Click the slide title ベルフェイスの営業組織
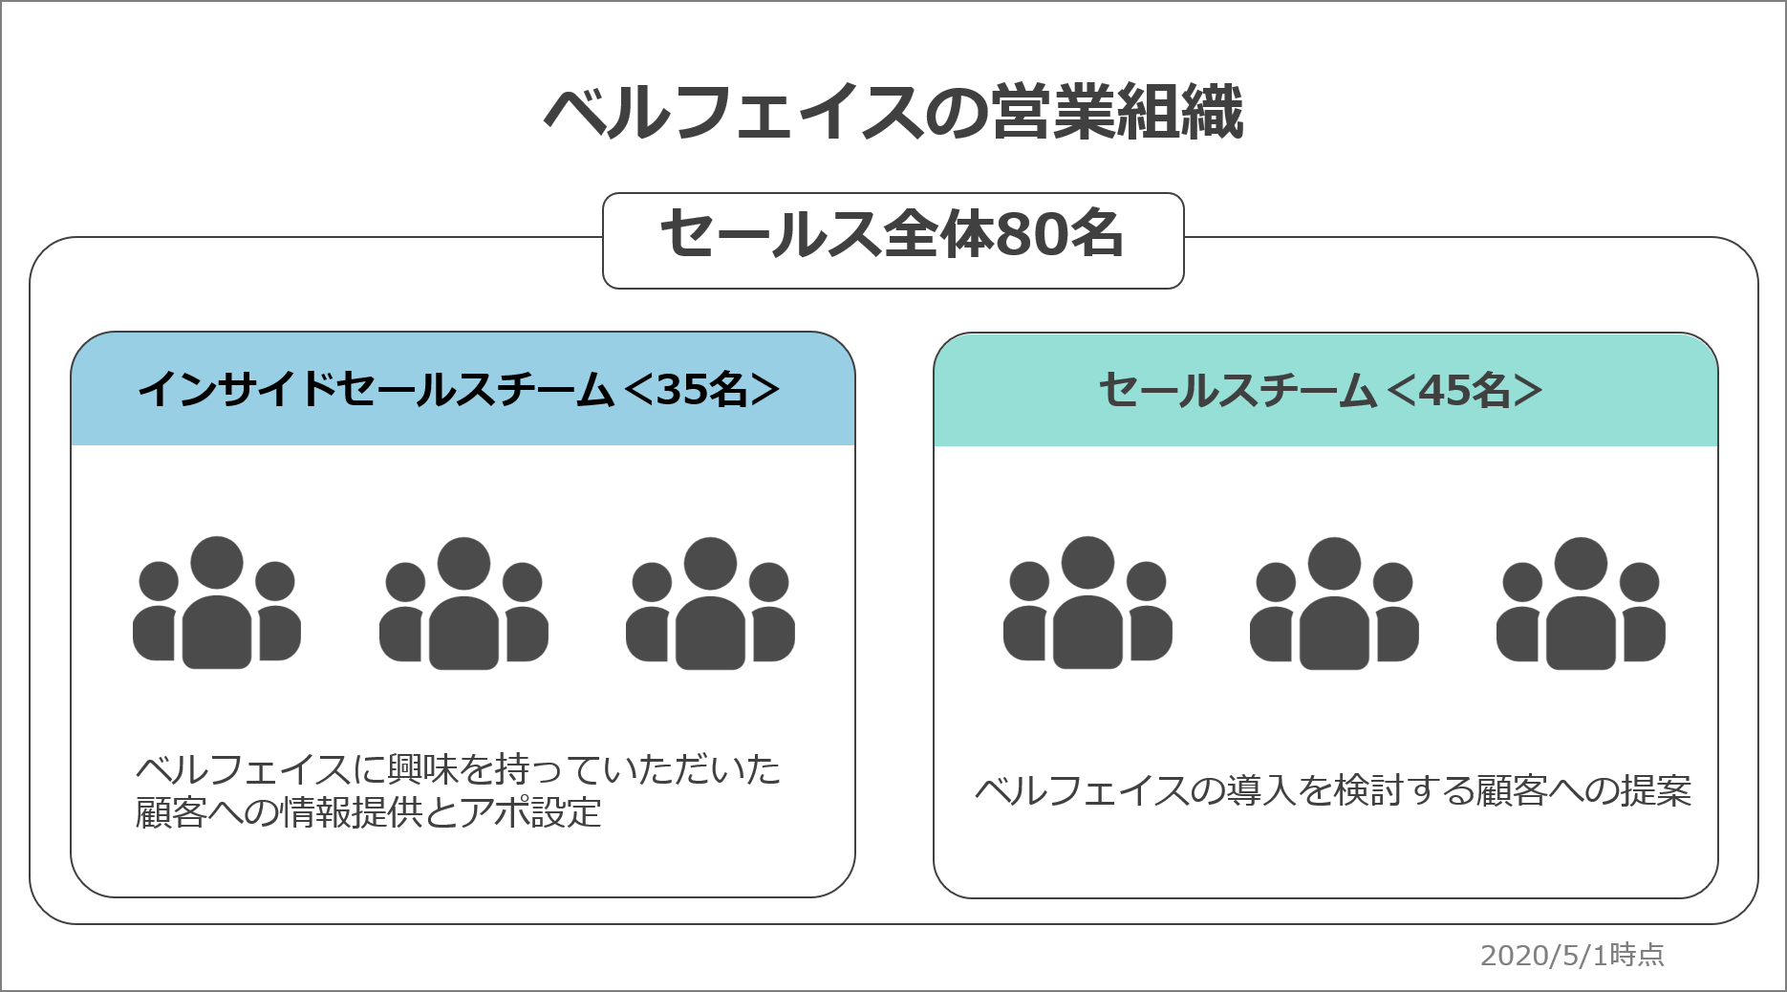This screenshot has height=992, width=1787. click(x=893, y=114)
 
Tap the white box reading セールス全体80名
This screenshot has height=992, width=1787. click(x=893, y=240)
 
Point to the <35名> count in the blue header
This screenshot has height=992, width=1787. click(x=700, y=390)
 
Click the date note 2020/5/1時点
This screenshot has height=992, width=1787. click(x=1572, y=955)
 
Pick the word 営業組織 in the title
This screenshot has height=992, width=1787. click(x=1116, y=114)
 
